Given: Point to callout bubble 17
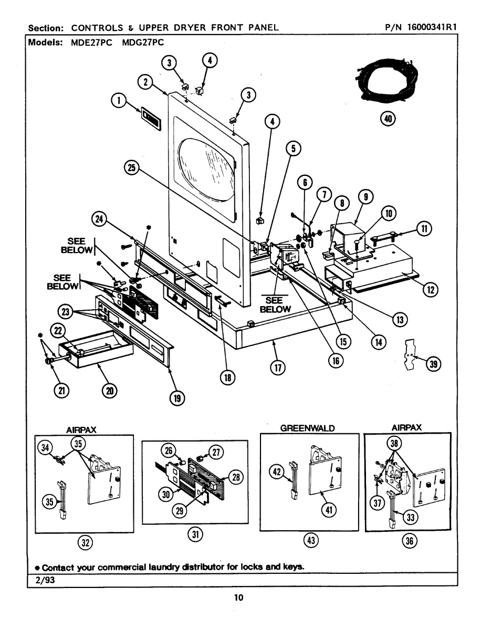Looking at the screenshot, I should click(x=277, y=367).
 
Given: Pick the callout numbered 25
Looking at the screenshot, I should click(x=131, y=167).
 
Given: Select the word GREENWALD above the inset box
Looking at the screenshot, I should click(x=307, y=428).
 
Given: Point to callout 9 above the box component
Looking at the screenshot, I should click(x=365, y=197).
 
